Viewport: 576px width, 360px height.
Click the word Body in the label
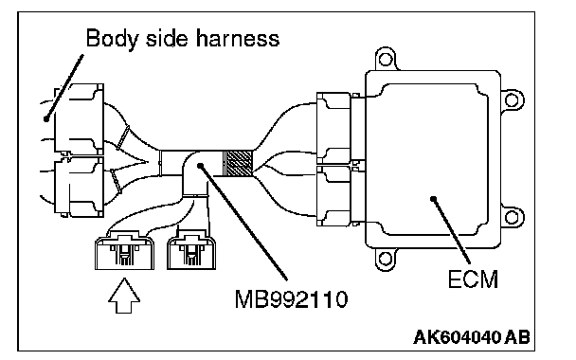[x=112, y=38]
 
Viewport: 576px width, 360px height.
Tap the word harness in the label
[x=238, y=38]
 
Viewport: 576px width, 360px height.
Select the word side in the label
[x=168, y=38]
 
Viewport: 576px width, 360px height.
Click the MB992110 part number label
[x=291, y=299]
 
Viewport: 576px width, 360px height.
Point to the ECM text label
[x=473, y=279]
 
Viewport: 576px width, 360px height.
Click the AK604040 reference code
[x=458, y=336]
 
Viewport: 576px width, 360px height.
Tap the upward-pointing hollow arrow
[x=124, y=296]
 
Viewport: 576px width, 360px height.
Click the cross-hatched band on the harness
[x=239, y=164]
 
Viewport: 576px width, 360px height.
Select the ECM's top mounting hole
[x=386, y=59]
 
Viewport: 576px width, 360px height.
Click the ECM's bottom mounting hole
[x=385, y=259]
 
